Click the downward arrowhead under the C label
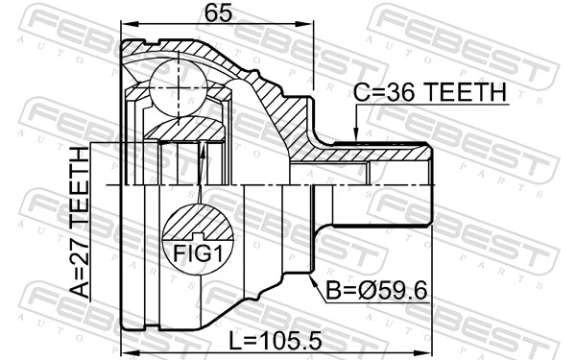tap(356, 137)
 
